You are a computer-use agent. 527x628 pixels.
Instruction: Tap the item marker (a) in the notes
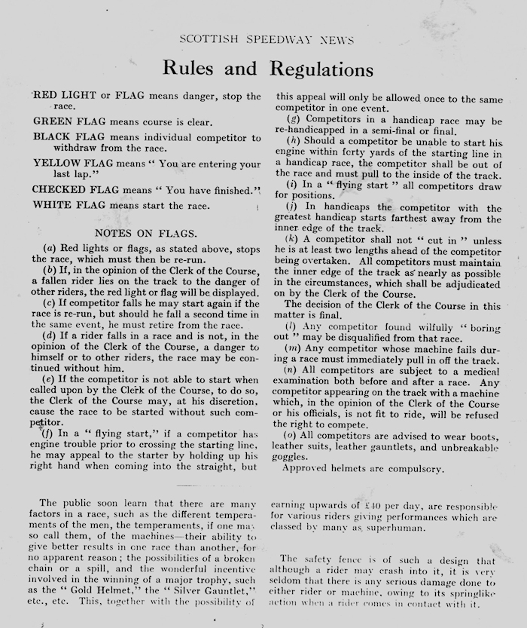click(x=48, y=248)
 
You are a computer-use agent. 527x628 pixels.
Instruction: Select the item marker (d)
click(x=48, y=335)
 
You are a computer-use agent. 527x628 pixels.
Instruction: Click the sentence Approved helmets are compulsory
click(x=362, y=468)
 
